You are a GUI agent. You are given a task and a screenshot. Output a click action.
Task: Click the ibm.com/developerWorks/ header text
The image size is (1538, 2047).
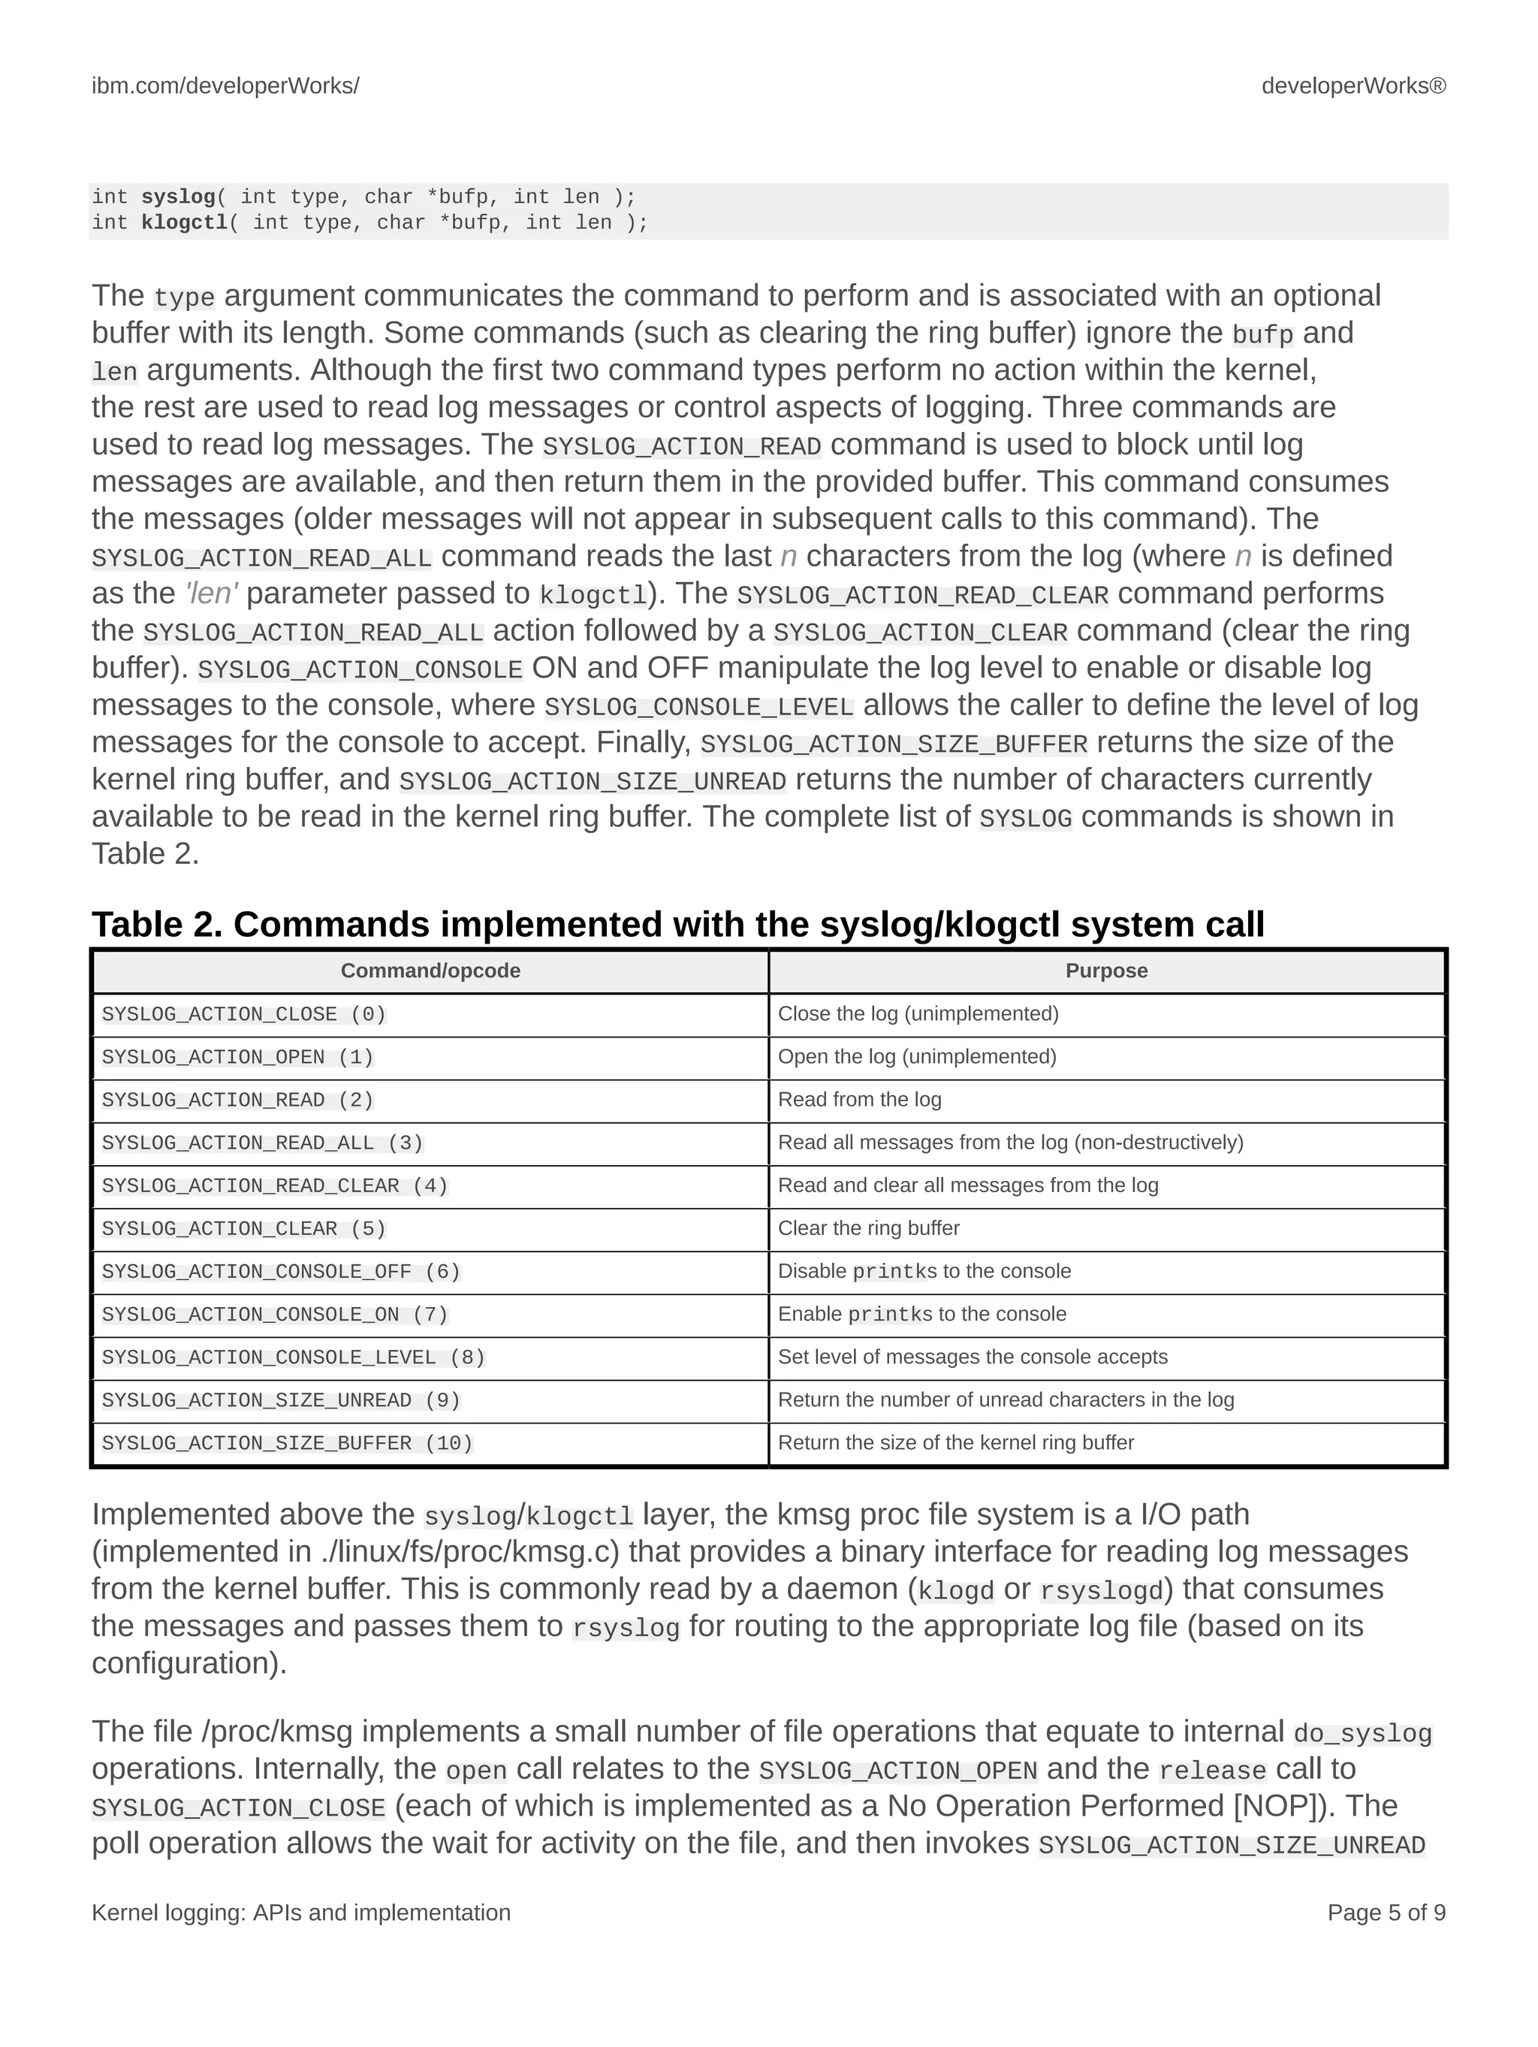(x=225, y=86)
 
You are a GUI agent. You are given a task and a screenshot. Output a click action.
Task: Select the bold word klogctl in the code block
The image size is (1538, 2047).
(x=183, y=223)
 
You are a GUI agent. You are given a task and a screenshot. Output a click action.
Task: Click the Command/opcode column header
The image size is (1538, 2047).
(x=430, y=971)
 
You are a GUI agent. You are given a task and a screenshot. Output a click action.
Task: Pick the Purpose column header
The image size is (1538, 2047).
(x=1106, y=971)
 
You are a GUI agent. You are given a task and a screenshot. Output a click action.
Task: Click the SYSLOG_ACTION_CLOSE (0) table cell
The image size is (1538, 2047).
(x=243, y=1014)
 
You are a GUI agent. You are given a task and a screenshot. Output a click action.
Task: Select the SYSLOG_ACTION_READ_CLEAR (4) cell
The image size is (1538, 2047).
(x=274, y=1185)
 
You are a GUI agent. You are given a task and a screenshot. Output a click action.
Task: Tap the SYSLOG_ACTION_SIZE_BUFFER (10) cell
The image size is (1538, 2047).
(x=287, y=1443)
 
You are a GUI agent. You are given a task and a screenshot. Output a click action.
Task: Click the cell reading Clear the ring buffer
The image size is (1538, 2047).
(x=868, y=1228)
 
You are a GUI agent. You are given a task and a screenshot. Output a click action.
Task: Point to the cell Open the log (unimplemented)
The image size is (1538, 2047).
(x=916, y=1057)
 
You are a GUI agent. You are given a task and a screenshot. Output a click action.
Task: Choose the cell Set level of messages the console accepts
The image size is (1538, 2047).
(x=972, y=1357)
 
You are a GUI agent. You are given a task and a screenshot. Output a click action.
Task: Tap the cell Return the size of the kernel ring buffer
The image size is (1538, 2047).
(x=955, y=1443)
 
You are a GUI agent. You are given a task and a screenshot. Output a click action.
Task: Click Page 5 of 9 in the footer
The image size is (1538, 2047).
(x=1386, y=1912)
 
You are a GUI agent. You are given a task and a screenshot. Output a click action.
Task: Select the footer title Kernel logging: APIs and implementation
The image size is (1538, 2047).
(x=300, y=1912)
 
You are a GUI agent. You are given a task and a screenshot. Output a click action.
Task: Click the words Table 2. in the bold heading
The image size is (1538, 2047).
(x=157, y=925)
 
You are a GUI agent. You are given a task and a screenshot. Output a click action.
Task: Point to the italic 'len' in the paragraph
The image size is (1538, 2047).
(x=211, y=593)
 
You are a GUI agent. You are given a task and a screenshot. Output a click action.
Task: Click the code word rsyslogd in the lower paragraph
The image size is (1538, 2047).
(x=1100, y=1590)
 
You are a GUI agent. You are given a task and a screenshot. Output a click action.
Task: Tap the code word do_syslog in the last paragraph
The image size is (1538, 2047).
(x=1362, y=1733)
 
